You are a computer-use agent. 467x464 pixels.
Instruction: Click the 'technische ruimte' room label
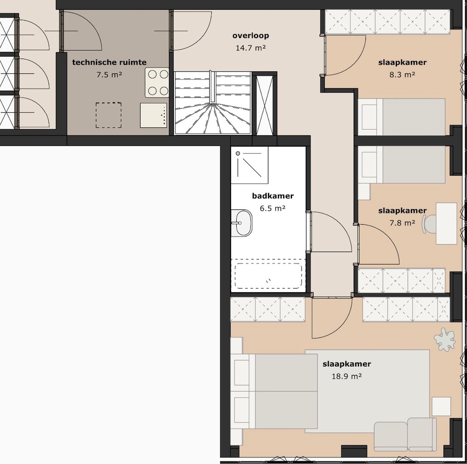[109, 62]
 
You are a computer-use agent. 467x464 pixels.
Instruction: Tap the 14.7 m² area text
[250, 48]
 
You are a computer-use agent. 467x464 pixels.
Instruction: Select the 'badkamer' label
[273, 196]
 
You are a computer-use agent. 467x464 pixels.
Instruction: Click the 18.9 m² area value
[346, 376]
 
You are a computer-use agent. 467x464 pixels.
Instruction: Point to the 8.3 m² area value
[402, 74]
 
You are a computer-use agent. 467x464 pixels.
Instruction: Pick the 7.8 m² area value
[402, 223]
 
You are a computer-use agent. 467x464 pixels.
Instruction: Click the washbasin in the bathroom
[242, 223]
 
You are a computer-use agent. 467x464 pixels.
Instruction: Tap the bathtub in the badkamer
[268, 275]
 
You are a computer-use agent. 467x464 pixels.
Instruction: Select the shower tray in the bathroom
[249, 165]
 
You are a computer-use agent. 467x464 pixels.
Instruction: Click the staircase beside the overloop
[212, 104]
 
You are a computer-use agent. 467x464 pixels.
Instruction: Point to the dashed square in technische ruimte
[108, 115]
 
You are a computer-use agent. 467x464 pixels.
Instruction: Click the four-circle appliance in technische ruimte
[157, 82]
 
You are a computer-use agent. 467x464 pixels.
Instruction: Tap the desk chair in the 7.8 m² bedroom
[430, 224]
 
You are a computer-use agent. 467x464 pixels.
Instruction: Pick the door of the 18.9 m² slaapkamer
[331, 318]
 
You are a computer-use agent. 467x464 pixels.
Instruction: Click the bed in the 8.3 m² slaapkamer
[402, 117]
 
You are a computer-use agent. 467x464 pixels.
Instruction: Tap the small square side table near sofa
[441, 406]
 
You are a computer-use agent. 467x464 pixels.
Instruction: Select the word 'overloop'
[250, 36]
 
